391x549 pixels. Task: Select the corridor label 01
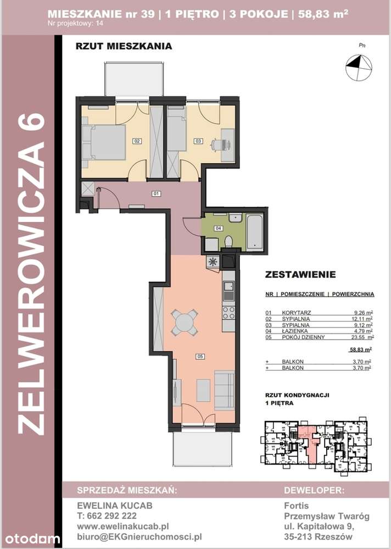tap(156, 193)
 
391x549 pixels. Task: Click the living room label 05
tap(200, 357)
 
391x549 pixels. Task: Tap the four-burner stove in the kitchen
tap(228, 312)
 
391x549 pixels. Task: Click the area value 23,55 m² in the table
tap(360, 338)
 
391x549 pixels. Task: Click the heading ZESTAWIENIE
tap(300, 274)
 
